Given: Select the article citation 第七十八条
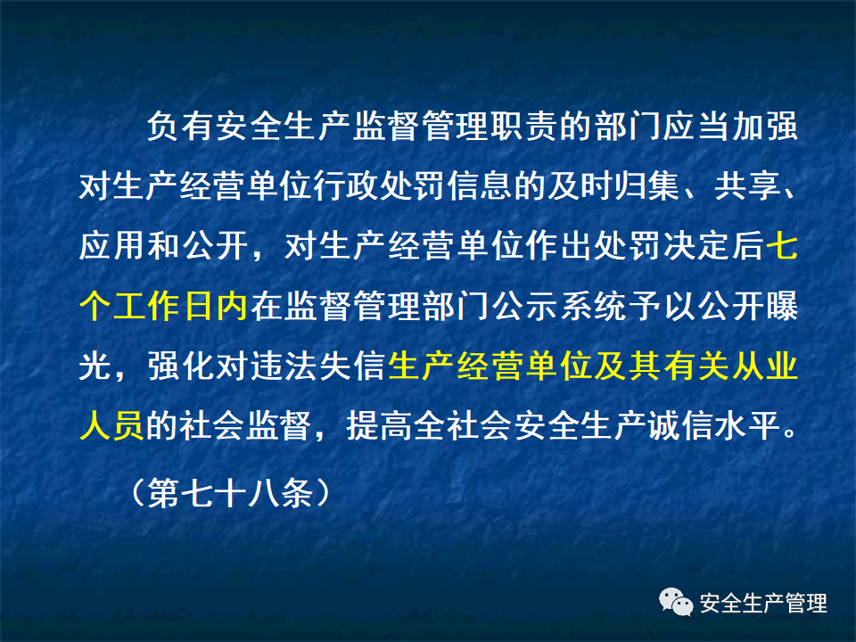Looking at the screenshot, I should click(x=226, y=492).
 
